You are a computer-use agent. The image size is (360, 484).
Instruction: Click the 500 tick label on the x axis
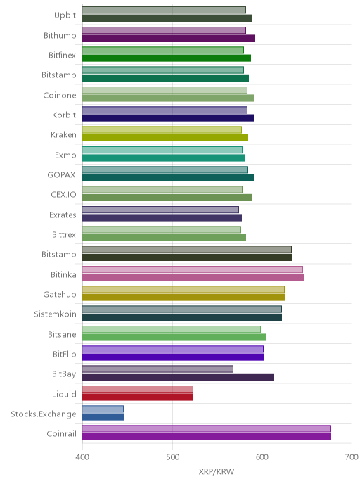coord(172,457)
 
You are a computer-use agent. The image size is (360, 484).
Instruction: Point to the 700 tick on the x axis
coord(352,457)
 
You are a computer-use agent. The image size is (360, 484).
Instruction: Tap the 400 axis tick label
coord(82,457)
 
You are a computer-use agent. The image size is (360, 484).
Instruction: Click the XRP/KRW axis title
coord(217,471)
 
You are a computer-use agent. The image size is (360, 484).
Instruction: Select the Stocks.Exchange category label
coord(44,414)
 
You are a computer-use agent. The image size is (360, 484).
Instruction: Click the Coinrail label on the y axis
coord(61,433)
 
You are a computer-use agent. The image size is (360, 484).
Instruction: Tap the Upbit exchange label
coord(65,15)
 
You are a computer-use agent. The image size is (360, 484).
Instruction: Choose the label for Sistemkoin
coord(56,314)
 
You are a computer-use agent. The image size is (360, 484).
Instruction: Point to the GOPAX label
coord(61,174)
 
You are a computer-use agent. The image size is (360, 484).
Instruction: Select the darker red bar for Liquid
coord(138,397)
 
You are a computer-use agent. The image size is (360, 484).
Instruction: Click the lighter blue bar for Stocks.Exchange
coord(103,409)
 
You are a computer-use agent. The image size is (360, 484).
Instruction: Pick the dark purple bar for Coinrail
coord(207,437)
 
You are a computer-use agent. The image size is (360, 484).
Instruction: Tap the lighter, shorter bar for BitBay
coord(158,369)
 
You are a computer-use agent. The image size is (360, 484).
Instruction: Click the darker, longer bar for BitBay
coord(179,377)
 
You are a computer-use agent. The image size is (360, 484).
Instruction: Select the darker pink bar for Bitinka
coord(193,277)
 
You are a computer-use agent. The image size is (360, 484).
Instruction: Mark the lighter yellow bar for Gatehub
coord(184,289)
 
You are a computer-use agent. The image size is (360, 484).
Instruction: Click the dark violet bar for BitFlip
coord(173,357)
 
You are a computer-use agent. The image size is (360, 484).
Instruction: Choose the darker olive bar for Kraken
coord(165,138)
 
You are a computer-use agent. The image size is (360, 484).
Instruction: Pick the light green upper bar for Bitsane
coord(172,329)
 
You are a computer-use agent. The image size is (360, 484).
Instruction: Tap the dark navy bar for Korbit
coord(168,118)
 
